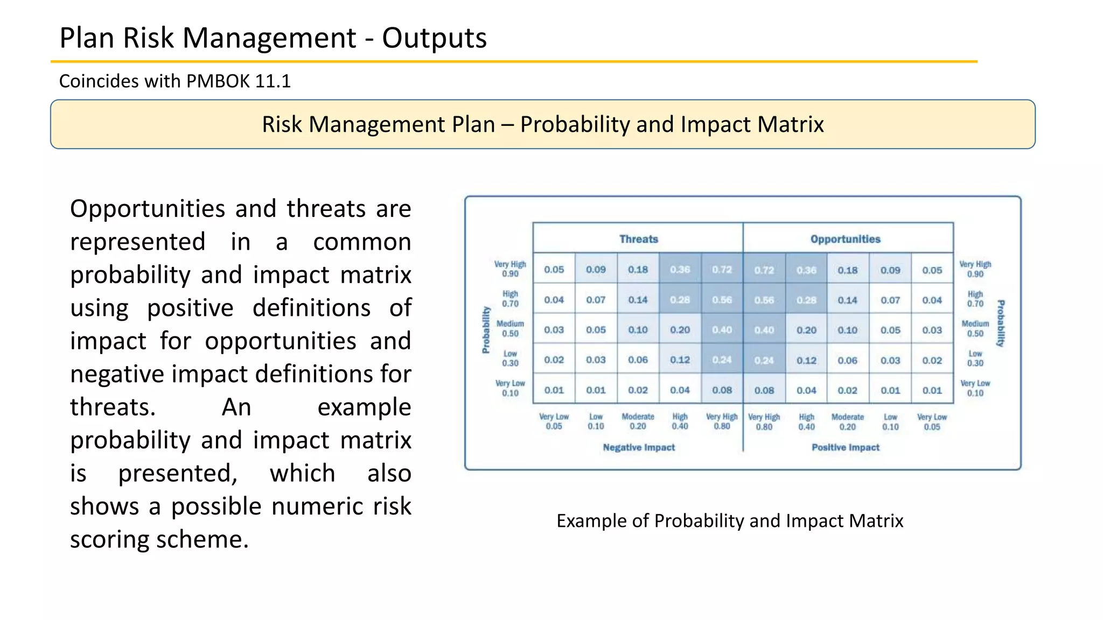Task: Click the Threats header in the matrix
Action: tap(638, 239)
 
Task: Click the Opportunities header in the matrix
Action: tap(845, 239)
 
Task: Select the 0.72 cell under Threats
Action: tap(722, 270)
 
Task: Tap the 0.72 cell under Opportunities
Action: tap(764, 270)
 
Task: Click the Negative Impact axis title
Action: tap(638, 447)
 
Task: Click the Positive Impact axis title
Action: tap(845, 447)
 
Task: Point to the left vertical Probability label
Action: tap(486, 330)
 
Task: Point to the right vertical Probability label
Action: tap(1000, 323)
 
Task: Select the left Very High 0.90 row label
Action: tap(510, 269)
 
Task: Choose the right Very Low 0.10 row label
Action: tap(975, 388)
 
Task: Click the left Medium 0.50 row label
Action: tap(510, 328)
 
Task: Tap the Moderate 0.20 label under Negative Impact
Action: tap(638, 421)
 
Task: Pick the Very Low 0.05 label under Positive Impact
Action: tap(932, 422)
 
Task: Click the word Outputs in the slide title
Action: tap(434, 38)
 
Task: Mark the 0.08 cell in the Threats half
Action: tap(722, 390)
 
